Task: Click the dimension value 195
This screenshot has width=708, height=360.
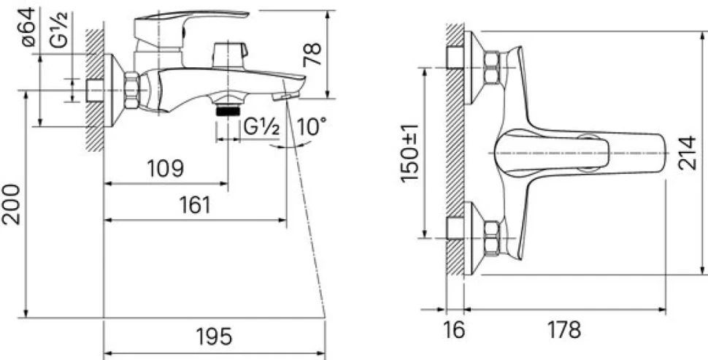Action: [x=214, y=337]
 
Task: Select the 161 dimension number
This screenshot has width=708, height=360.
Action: [x=195, y=205]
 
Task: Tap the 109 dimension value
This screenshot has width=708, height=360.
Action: [x=165, y=169]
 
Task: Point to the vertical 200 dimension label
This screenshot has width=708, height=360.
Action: [x=11, y=204]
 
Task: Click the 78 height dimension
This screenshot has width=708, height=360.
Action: [x=312, y=54]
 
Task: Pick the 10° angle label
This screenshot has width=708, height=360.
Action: [x=311, y=127]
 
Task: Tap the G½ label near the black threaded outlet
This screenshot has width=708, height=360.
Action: [x=261, y=127]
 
